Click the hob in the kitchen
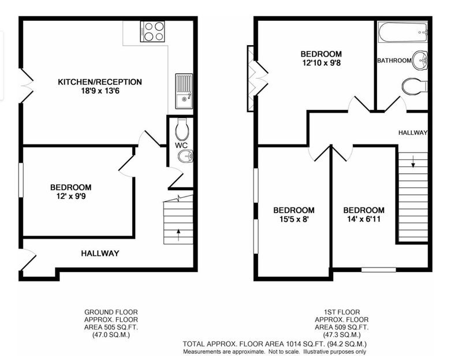152,31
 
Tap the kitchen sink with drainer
184,91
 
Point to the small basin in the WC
185,155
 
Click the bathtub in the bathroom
403,32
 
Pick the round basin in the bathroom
420,60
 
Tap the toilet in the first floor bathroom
415,86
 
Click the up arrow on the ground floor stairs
178,235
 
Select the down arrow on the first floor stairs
413,162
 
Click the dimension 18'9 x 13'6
100,91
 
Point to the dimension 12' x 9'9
71,196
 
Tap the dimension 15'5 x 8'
294,219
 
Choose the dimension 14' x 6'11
364,219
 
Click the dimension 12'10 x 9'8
322,63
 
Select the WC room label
181,145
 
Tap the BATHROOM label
394,61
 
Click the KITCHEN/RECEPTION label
100,81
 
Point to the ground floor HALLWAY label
100,253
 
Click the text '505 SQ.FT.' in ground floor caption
121,327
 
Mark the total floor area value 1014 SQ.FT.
304,344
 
